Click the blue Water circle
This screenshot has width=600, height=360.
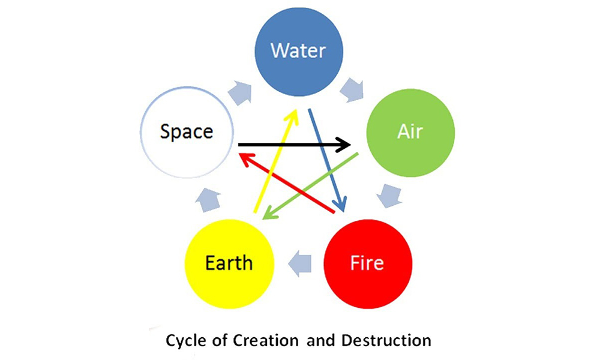coord(299,52)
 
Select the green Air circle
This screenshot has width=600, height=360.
coord(410,133)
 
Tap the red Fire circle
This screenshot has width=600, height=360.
coord(368,264)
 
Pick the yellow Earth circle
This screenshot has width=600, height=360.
coord(230,264)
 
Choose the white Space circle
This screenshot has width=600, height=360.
coord(187,133)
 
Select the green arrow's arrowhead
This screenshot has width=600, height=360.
coord(269,213)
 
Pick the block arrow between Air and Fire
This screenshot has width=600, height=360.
coord(389,196)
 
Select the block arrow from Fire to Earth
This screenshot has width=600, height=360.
coord(299,264)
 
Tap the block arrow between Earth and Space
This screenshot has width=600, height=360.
coord(208,199)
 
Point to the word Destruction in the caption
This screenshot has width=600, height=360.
coord(386,340)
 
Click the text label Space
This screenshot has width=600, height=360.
coord(187,132)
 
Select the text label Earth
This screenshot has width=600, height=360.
coord(229,263)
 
